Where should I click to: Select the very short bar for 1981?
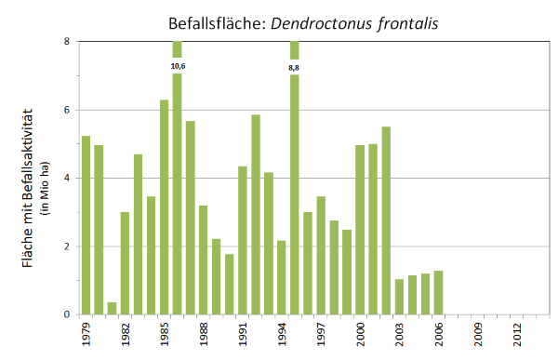pyautogui.click(x=112, y=308)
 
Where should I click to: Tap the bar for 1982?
pyautogui.click(x=125, y=263)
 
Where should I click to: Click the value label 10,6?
pyautogui.click(x=178, y=66)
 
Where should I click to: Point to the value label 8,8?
pyautogui.click(x=295, y=66)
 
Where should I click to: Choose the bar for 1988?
pyautogui.click(x=203, y=260)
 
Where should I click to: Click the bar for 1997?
pyautogui.click(x=321, y=255)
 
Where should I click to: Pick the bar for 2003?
pyautogui.click(x=399, y=297)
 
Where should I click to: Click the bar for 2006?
pyautogui.click(x=438, y=292)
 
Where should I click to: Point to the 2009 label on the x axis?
pyautogui.click(x=477, y=333)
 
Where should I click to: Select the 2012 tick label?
pyautogui.click(x=516, y=333)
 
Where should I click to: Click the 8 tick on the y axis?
pyautogui.click(x=67, y=42)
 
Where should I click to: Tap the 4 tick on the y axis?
pyautogui.click(x=67, y=178)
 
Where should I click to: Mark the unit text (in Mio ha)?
pyautogui.click(x=44, y=178)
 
